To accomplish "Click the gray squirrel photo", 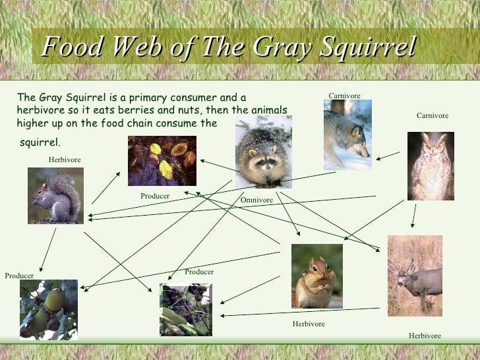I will pos(55,195).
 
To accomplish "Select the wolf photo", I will pos(347,135).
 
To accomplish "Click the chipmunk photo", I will pos(317,276).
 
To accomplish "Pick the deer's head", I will pos(403,268).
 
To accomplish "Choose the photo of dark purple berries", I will pos(185,309).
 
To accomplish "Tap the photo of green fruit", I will pos(49,309).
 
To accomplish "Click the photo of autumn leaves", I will pos(162,160).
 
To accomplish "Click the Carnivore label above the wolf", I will pos(344,96).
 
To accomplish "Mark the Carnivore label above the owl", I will pos(432,116).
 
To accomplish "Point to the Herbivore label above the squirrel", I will pos(65,160).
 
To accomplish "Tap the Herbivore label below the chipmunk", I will pos(309,324).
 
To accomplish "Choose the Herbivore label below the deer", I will pos(425,336).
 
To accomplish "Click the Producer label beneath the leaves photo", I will pos(155,196).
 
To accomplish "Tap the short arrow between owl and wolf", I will pos(388,156).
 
